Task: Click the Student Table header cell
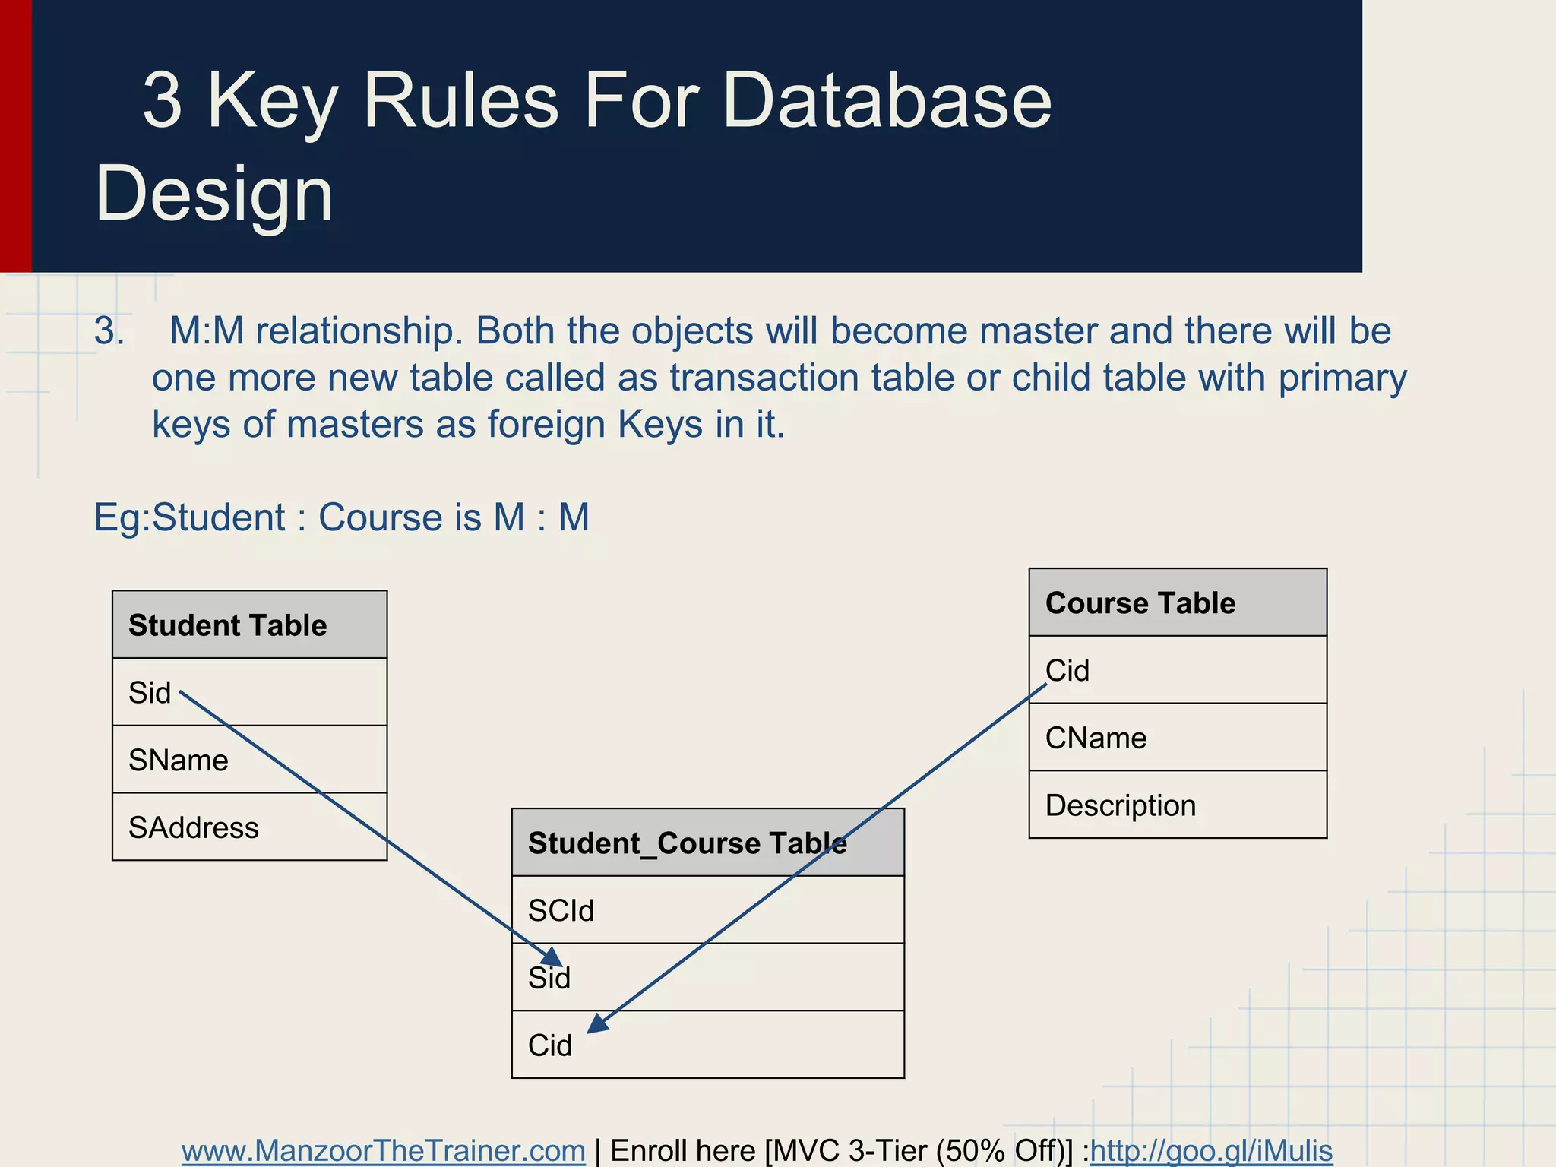click(249, 625)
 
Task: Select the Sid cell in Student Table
click(249, 692)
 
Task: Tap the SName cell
click(249, 760)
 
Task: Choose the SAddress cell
click(249, 827)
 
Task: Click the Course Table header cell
click(1178, 602)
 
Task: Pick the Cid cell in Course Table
click(1178, 670)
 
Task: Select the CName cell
click(1178, 738)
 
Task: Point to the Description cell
click(1178, 805)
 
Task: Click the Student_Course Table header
click(707, 843)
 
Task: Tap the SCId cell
click(707, 910)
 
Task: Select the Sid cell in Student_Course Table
click(707, 978)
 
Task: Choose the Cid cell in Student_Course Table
click(707, 1045)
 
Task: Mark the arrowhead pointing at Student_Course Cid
click(597, 1024)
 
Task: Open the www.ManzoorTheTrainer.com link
click(383, 1151)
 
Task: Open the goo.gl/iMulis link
click(1211, 1151)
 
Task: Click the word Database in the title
click(886, 100)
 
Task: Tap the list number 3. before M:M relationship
click(109, 331)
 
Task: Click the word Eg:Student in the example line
click(189, 517)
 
